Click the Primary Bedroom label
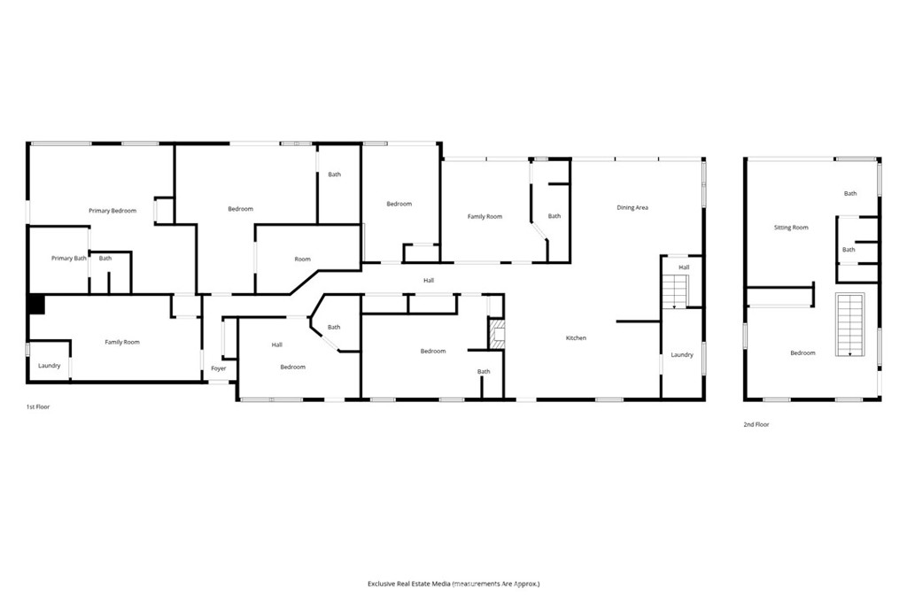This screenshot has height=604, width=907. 112,211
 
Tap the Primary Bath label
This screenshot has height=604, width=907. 69,258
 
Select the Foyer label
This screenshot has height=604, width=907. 219,368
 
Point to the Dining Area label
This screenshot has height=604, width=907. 632,207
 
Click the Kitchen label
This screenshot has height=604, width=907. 576,338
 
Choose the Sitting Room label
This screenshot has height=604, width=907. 791,228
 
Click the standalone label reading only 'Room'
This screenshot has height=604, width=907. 303,259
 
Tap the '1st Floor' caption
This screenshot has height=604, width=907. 38,407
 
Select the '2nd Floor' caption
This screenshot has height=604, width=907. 756,424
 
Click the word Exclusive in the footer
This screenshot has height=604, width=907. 381,584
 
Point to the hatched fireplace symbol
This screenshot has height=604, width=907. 497,335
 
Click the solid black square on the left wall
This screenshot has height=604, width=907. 35,305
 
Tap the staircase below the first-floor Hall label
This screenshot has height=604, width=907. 674,291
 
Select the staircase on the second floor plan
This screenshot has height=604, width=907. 849,324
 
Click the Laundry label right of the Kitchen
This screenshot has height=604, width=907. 682,354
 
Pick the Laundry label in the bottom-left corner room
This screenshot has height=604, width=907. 50,366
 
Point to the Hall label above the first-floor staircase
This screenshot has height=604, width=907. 685,267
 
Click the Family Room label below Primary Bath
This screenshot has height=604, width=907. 122,342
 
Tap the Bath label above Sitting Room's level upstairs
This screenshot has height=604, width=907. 850,193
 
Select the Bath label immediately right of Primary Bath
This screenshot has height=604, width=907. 105,258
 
